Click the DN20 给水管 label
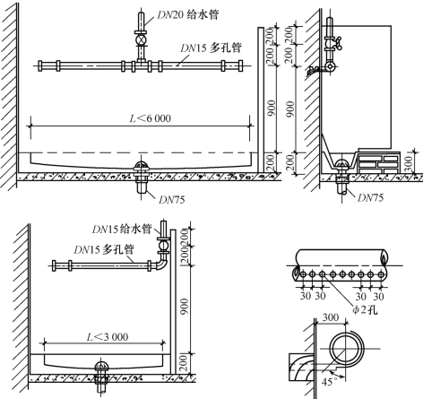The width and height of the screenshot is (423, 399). [188, 14]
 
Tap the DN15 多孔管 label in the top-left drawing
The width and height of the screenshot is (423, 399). [211, 48]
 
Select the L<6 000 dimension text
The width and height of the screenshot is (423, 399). [151, 118]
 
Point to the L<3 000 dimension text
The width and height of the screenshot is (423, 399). [108, 337]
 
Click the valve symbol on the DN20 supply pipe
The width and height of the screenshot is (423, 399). [141, 40]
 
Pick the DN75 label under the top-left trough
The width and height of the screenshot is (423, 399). [172, 200]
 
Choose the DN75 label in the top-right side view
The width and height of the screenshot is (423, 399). [370, 197]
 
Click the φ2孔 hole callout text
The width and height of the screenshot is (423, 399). [365, 309]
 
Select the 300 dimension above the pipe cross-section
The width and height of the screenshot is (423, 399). [331, 317]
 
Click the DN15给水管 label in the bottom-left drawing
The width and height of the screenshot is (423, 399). [122, 229]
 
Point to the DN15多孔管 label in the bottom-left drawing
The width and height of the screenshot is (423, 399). [104, 249]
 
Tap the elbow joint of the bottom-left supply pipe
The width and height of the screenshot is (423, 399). [162, 264]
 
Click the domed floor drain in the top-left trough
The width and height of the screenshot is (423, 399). [141, 167]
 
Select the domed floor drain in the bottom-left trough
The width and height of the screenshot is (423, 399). [101, 367]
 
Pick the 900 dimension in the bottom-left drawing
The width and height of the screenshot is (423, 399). [185, 307]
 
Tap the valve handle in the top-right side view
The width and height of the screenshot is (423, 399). [338, 42]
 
